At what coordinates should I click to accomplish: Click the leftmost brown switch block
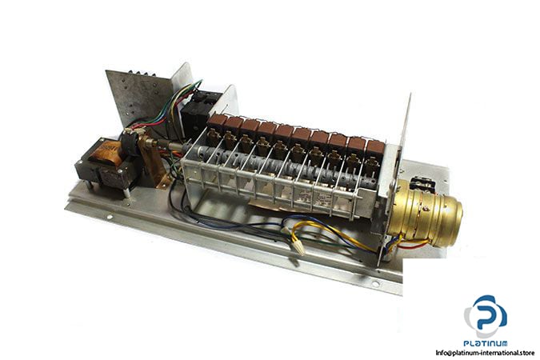(216, 122)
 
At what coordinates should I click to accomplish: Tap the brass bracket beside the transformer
(154, 165)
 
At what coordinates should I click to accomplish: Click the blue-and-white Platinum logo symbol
(486, 316)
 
